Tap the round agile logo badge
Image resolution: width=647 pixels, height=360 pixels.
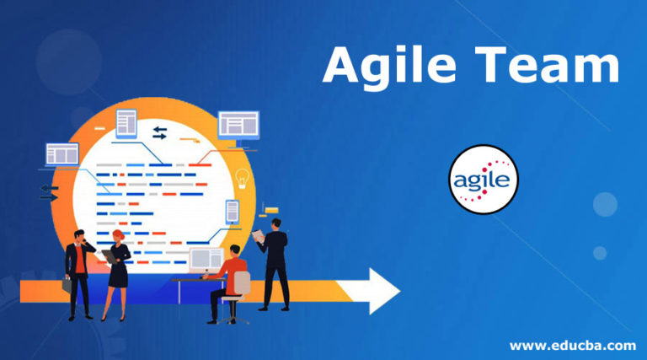[483, 180]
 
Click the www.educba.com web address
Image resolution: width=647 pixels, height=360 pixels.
[572, 345]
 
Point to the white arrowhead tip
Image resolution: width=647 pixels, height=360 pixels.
[397, 291]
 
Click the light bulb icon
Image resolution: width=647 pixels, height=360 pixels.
[243, 178]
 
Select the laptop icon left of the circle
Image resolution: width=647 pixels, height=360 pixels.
[61, 154]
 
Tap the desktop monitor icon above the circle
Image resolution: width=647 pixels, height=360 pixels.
[238, 126]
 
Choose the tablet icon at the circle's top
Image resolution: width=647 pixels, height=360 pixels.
[126, 124]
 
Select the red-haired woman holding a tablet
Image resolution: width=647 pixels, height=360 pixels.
[116, 271]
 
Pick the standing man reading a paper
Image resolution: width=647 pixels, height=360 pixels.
[275, 261]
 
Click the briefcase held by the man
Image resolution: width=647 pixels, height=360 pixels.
[67, 286]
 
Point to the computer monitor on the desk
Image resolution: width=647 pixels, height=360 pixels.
[206, 258]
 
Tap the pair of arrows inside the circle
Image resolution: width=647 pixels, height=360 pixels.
[159, 132]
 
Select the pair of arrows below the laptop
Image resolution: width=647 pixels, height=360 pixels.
[49, 192]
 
